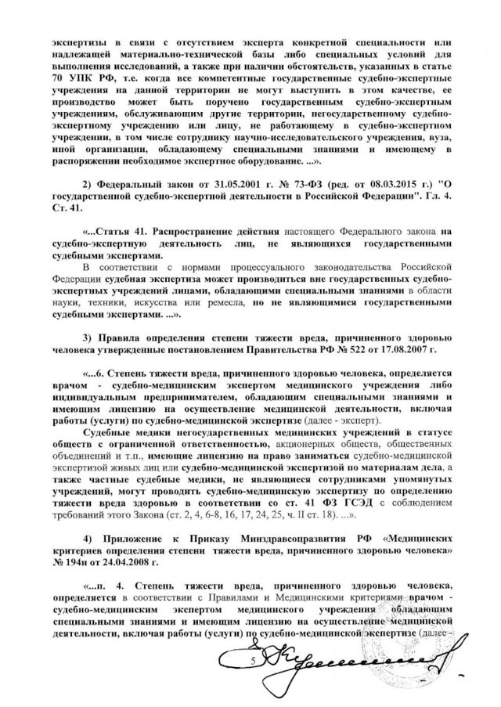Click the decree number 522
tap(371, 349)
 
